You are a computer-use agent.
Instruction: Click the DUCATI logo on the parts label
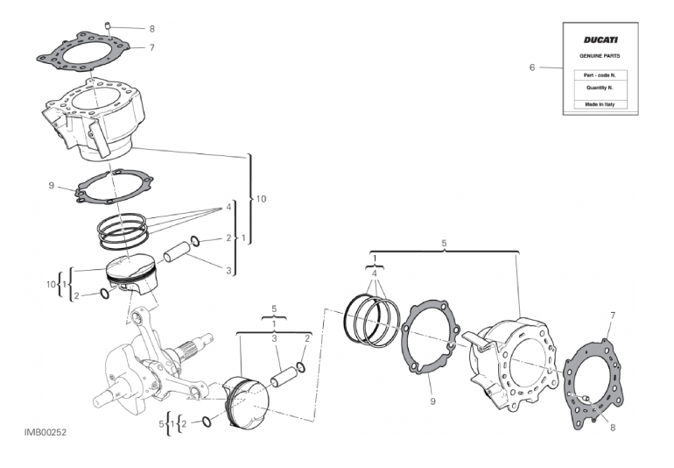600,40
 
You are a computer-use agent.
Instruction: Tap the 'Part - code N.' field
600,75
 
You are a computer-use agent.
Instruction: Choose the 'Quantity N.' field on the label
600,88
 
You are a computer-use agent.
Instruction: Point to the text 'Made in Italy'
600,104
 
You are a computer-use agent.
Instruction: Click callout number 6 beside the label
531,67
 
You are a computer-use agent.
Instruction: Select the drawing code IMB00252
46,433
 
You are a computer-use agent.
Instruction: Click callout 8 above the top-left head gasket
151,29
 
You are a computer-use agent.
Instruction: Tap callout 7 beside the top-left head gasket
151,47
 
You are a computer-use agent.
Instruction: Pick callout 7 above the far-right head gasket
613,315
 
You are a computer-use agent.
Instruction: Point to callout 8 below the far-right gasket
613,429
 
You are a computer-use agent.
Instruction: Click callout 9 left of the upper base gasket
52,186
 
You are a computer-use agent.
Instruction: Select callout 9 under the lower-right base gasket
432,401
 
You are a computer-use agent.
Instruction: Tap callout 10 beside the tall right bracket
261,200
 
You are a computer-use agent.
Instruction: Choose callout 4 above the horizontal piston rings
375,273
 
